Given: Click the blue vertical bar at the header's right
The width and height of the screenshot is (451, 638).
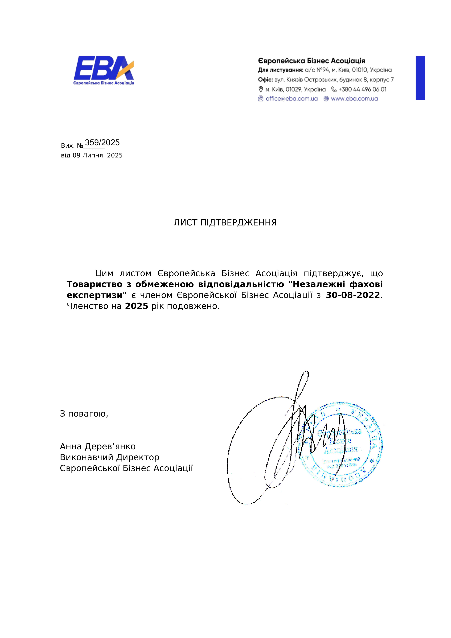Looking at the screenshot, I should pos(420,78).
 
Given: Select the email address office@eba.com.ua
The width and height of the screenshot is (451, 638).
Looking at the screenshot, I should pos(292,99).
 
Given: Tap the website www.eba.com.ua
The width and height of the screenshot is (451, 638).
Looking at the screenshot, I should pos(354,99).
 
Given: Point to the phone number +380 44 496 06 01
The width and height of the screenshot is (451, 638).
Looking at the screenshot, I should pos(362,89).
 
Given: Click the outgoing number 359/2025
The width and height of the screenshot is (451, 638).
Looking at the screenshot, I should pos(102,143).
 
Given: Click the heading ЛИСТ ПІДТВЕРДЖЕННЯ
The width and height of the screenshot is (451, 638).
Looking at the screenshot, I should pos(225,223).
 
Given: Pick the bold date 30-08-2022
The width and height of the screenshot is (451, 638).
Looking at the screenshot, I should pos(353,295).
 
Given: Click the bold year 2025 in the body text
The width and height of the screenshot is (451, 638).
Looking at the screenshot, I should pos(136,306).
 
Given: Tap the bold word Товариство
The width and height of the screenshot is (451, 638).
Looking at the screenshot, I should pos(95,284).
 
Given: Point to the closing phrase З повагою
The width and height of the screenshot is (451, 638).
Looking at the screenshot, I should pos(84,414).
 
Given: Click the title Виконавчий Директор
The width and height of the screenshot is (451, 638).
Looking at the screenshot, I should pos(109,457).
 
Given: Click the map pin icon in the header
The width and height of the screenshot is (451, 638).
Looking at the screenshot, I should pos(261,89).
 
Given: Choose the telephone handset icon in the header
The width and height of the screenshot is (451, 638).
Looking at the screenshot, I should pos(334,89).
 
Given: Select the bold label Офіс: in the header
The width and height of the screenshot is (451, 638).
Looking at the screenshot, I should pos(265,80).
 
